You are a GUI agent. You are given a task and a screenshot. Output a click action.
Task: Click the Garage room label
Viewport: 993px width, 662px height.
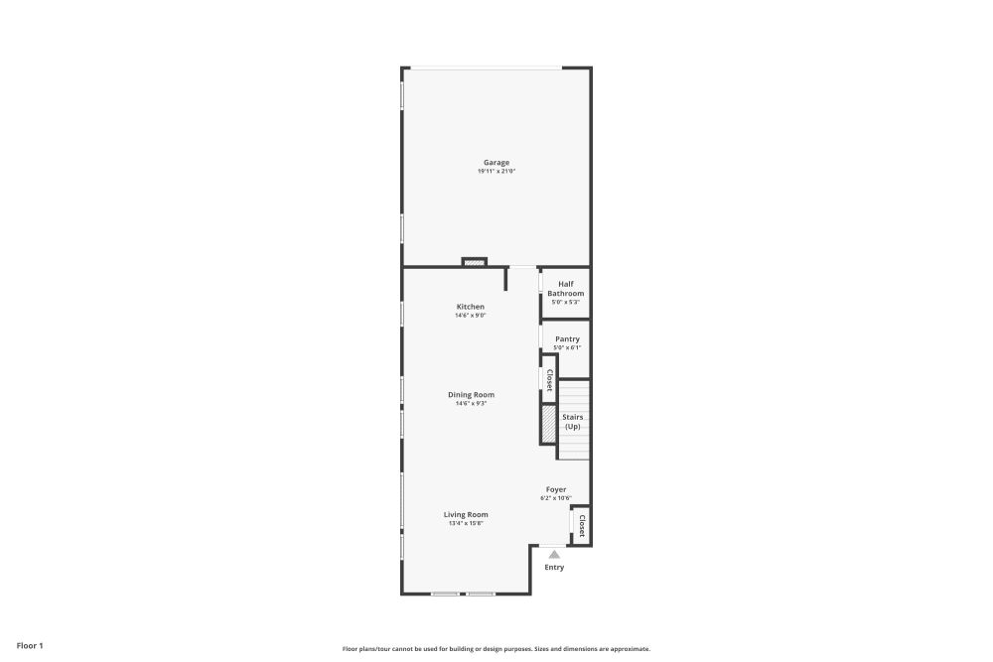coord(496,163)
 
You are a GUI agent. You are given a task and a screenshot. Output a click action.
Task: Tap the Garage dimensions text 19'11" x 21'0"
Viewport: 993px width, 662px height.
coord(496,172)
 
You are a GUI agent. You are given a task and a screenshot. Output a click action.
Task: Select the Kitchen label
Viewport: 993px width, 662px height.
coord(470,307)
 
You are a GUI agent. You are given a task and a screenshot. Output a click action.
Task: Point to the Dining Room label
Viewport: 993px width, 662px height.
coord(470,394)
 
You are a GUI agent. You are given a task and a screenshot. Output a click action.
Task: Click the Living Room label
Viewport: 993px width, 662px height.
coord(466,514)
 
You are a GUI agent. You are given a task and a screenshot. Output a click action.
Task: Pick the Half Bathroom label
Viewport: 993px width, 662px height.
coord(566,289)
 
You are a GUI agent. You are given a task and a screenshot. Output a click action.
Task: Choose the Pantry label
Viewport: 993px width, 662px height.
coord(567,339)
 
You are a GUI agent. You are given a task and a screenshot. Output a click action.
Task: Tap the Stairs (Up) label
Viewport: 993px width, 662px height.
coord(572,422)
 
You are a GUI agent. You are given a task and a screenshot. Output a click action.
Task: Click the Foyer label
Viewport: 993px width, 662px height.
coord(556,489)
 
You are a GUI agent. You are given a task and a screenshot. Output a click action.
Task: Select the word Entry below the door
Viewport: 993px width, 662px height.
coord(554,568)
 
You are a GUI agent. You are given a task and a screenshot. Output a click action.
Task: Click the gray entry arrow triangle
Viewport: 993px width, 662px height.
coord(554,555)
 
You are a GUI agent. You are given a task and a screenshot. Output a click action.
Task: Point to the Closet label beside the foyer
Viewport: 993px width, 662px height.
coord(582,525)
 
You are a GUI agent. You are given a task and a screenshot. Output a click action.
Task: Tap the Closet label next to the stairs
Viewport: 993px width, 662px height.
coord(549,380)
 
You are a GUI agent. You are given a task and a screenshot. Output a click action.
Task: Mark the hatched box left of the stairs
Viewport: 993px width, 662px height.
coord(548,424)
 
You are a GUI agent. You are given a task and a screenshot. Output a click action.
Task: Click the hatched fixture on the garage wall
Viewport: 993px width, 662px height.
coord(475,263)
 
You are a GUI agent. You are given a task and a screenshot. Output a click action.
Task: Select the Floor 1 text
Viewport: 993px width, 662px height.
coord(30,645)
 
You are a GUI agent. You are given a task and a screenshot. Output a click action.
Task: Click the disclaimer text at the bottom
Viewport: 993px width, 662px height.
coord(496,649)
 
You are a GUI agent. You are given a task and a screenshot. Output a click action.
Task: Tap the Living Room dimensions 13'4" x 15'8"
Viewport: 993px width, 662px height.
coord(466,523)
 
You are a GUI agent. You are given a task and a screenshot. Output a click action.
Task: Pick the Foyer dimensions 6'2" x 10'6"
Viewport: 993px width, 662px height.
coord(556,498)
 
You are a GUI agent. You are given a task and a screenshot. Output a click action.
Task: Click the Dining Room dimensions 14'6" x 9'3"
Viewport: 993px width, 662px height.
coord(470,403)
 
